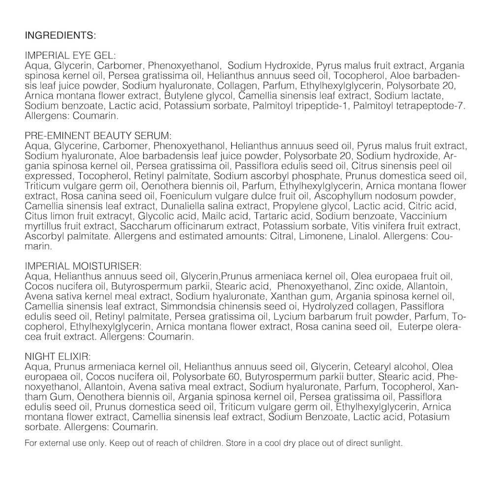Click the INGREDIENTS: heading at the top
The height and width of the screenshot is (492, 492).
click(x=60, y=36)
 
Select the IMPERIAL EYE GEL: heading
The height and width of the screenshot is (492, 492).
click(x=69, y=56)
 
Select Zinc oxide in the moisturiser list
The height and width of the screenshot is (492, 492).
click(x=373, y=286)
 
